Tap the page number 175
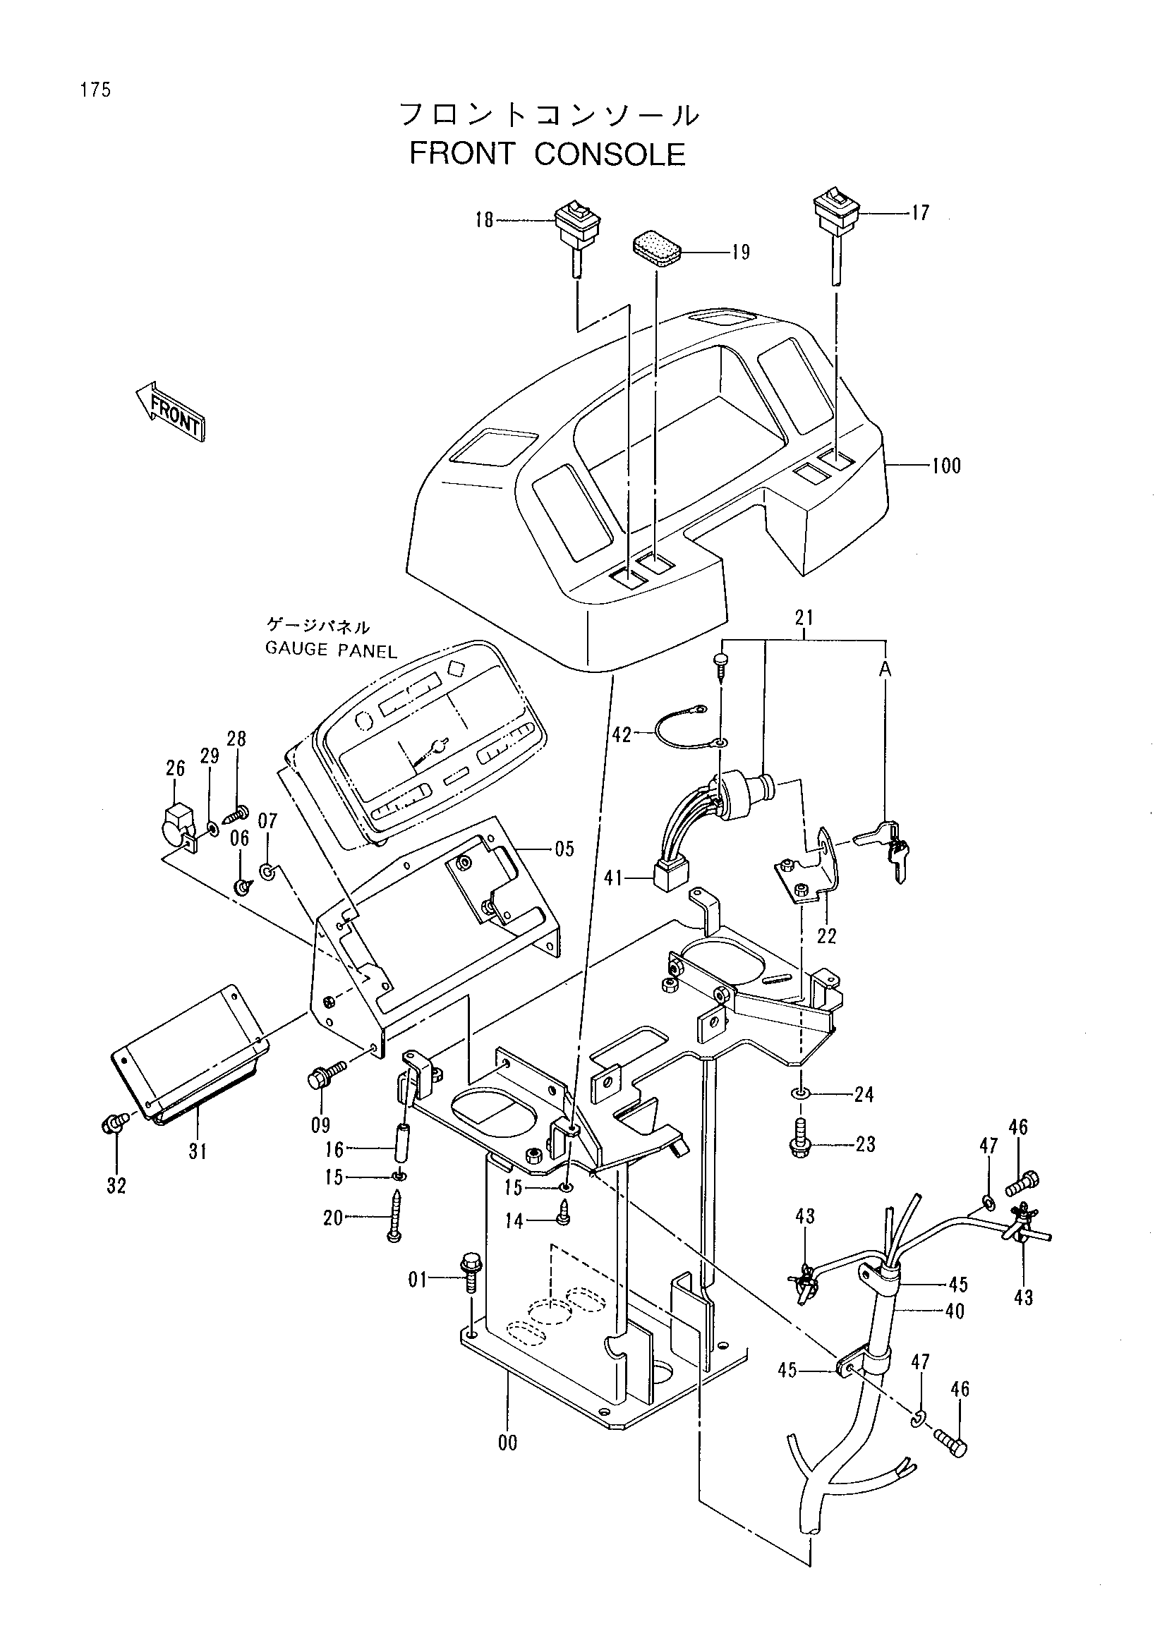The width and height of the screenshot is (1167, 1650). [95, 90]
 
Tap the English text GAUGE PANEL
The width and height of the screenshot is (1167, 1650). [332, 650]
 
